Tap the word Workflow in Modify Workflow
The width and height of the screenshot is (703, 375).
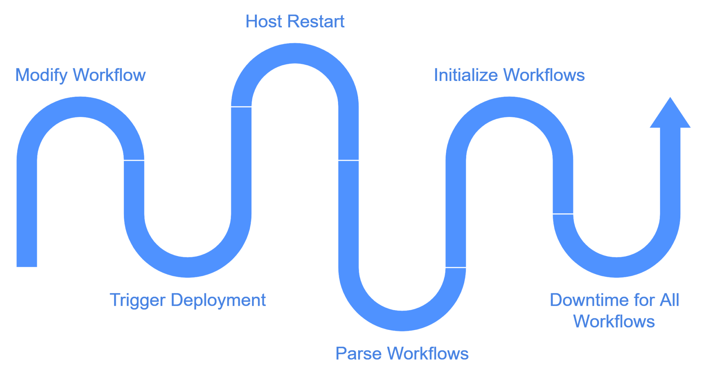[110, 75]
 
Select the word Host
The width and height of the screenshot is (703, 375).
[263, 22]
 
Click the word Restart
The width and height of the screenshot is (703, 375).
[316, 22]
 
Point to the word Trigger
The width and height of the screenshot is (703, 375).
[138, 301]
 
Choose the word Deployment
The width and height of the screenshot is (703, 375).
[218, 301]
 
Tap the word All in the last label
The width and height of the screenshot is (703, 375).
[669, 300]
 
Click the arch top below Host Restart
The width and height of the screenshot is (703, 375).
[295, 53]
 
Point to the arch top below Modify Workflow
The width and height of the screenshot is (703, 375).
[80, 107]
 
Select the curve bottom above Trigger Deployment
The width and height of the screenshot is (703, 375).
[188, 267]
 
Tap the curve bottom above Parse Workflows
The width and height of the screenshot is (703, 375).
[402, 320]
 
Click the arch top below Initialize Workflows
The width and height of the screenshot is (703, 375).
[509, 107]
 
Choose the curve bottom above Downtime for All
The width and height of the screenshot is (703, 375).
[617, 267]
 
